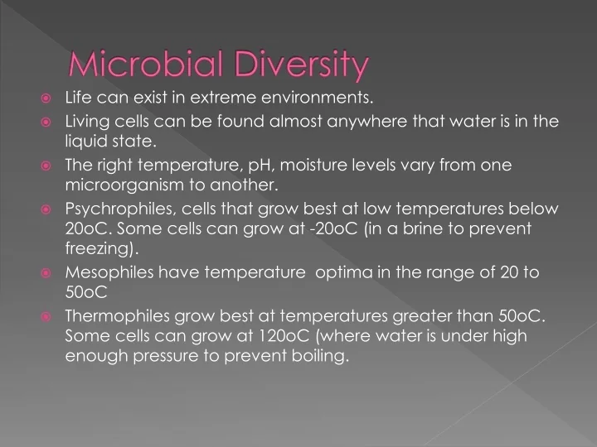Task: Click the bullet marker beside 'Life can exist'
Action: pyautogui.click(x=47, y=99)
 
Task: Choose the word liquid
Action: pyautogui.click(x=85, y=142)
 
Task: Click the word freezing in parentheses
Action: pyautogui.click(x=100, y=248)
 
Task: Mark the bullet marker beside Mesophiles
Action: pyautogui.click(x=47, y=272)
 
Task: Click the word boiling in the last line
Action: pyautogui.click(x=317, y=356)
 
